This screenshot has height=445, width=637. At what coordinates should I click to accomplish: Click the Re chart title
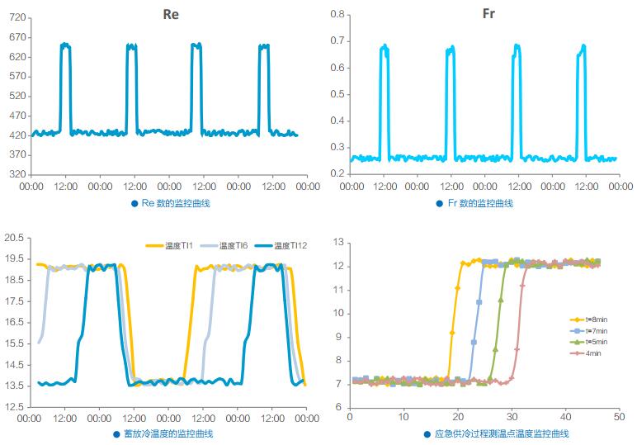coord(170,14)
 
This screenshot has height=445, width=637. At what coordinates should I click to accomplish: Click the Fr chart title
coord(488,14)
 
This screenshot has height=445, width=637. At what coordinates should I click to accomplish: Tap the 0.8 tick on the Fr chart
coord(337,14)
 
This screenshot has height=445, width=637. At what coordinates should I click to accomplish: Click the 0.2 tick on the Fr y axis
coord(337,173)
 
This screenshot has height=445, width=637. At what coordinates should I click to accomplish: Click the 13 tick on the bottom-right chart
coord(337,243)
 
